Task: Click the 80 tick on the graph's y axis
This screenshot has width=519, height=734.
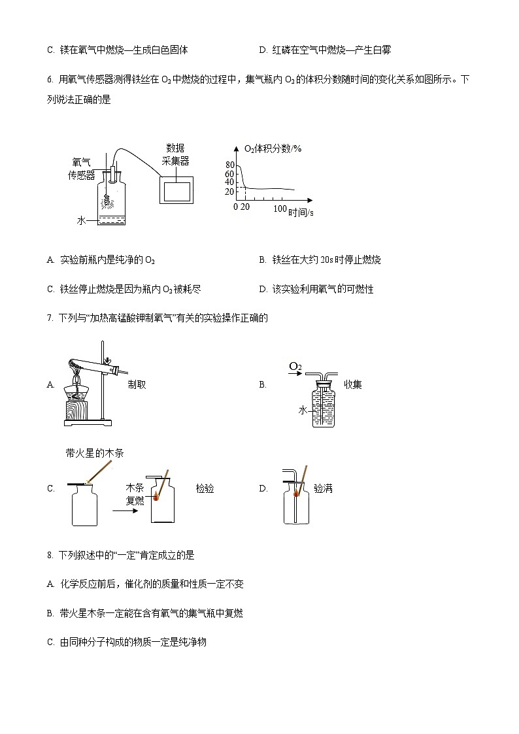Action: (x=229, y=165)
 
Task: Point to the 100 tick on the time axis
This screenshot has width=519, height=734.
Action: (x=280, y=209)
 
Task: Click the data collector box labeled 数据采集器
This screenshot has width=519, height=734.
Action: (x=176, y=190)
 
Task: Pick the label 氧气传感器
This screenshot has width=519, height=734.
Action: (x=82, y=169)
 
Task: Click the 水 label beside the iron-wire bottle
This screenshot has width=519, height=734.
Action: (x=81, y=221)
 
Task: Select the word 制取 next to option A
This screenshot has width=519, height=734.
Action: (x=137, y=385)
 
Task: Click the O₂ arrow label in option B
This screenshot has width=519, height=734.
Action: (x=295, y=368)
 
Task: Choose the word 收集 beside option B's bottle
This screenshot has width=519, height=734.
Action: (x=352, y=385)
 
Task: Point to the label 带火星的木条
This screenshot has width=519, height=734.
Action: (x=95, y=453)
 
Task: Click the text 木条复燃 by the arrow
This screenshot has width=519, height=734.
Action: (x=135, y=495)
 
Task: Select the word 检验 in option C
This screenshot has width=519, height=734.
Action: (x=205, y=488)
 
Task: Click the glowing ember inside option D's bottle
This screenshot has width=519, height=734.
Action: (x=297, y=493)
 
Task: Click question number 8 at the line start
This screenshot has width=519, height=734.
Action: (x=50, y=556)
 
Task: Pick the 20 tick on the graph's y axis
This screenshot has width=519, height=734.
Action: (x=229, y=192)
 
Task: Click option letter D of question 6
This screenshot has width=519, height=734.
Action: (x=263, y=289)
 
